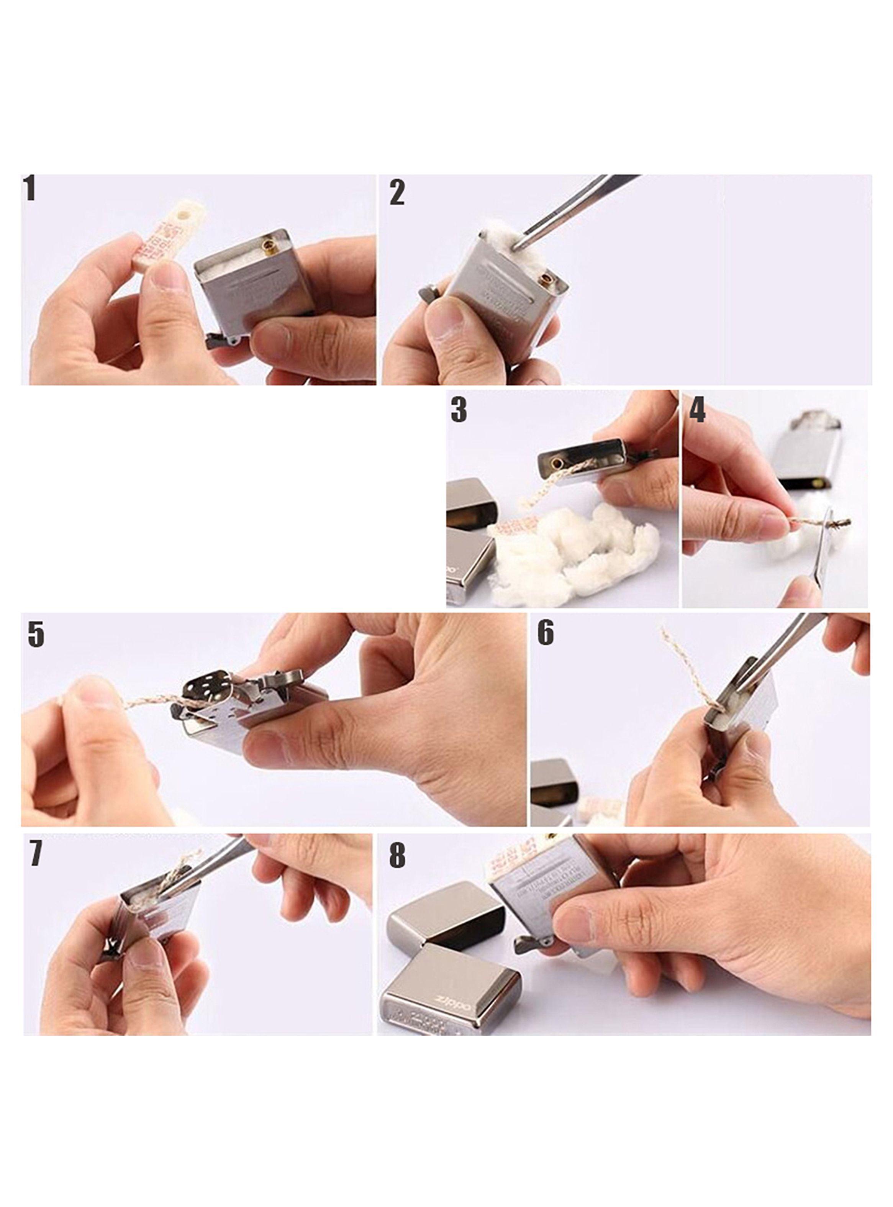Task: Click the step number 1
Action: [30, 189]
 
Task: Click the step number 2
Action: [397, 193]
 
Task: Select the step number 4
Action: [697, 410]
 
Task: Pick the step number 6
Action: [546, 632]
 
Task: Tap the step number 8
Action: [397, 856]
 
